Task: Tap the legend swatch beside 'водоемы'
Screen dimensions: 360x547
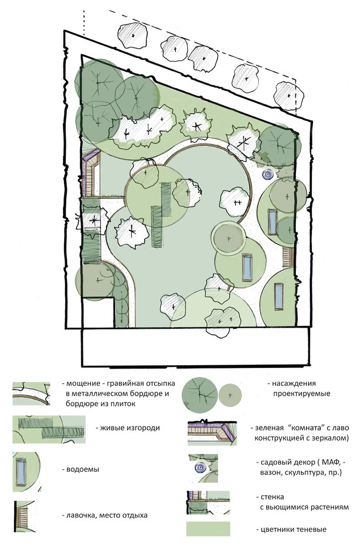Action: point(27,472)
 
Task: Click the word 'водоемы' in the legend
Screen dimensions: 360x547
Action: point(83,469)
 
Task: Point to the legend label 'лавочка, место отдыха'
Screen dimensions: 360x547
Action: point(107,515)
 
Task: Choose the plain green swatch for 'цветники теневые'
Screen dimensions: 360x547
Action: point(208,529)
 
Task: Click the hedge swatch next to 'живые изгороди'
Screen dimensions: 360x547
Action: point(49,429)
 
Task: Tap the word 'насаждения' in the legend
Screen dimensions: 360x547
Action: point(294,383)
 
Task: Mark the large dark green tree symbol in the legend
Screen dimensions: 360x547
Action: point(200,394)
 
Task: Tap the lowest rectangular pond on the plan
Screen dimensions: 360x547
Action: point(279,296)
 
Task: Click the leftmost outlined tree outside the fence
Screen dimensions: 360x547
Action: point(133,36)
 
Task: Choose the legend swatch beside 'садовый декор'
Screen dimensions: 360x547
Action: point(203,469)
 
